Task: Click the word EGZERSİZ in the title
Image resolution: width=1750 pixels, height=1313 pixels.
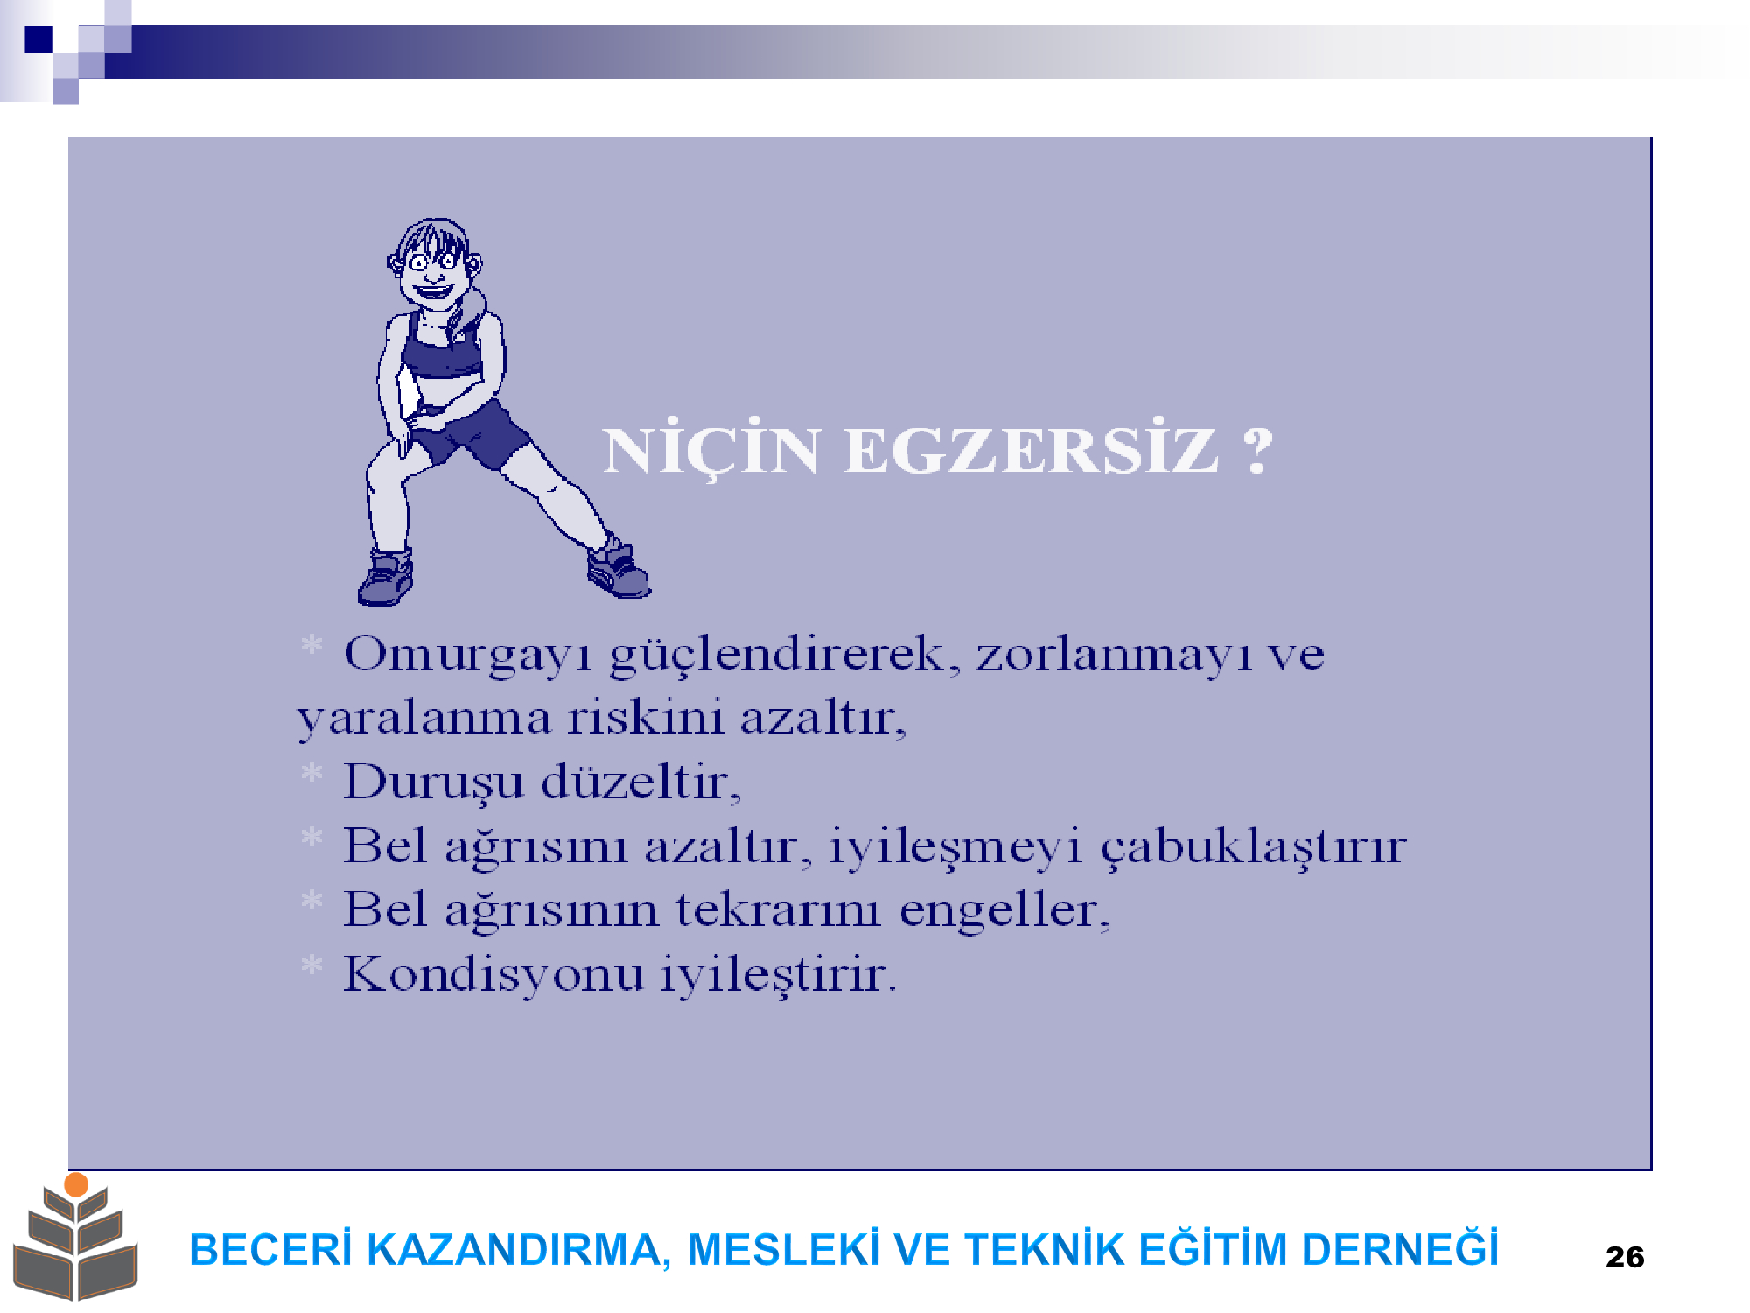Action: (1031, 450)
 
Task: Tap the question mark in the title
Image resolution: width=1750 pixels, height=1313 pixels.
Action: (1258, 450)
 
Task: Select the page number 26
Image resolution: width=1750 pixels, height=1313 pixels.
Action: (1625, 1257)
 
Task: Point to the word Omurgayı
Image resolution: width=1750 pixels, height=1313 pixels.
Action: (469, 655)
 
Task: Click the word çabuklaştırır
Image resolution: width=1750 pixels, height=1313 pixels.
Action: (1253, 846)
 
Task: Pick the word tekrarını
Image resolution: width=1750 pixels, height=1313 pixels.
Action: (778, 909)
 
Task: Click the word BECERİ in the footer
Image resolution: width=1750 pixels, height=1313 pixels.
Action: (270, 1249)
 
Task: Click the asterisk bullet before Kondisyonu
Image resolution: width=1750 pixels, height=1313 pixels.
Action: (311, 966)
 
